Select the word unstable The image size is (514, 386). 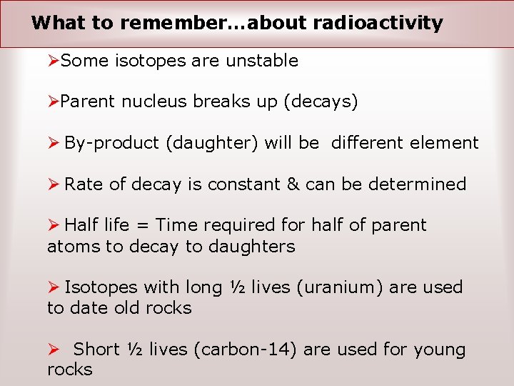[262, 61]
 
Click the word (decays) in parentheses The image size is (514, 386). [321, 102]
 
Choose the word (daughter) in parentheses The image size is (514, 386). [212, 143]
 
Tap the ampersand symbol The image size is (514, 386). [293, 184]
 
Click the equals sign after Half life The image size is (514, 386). [142, 226]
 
